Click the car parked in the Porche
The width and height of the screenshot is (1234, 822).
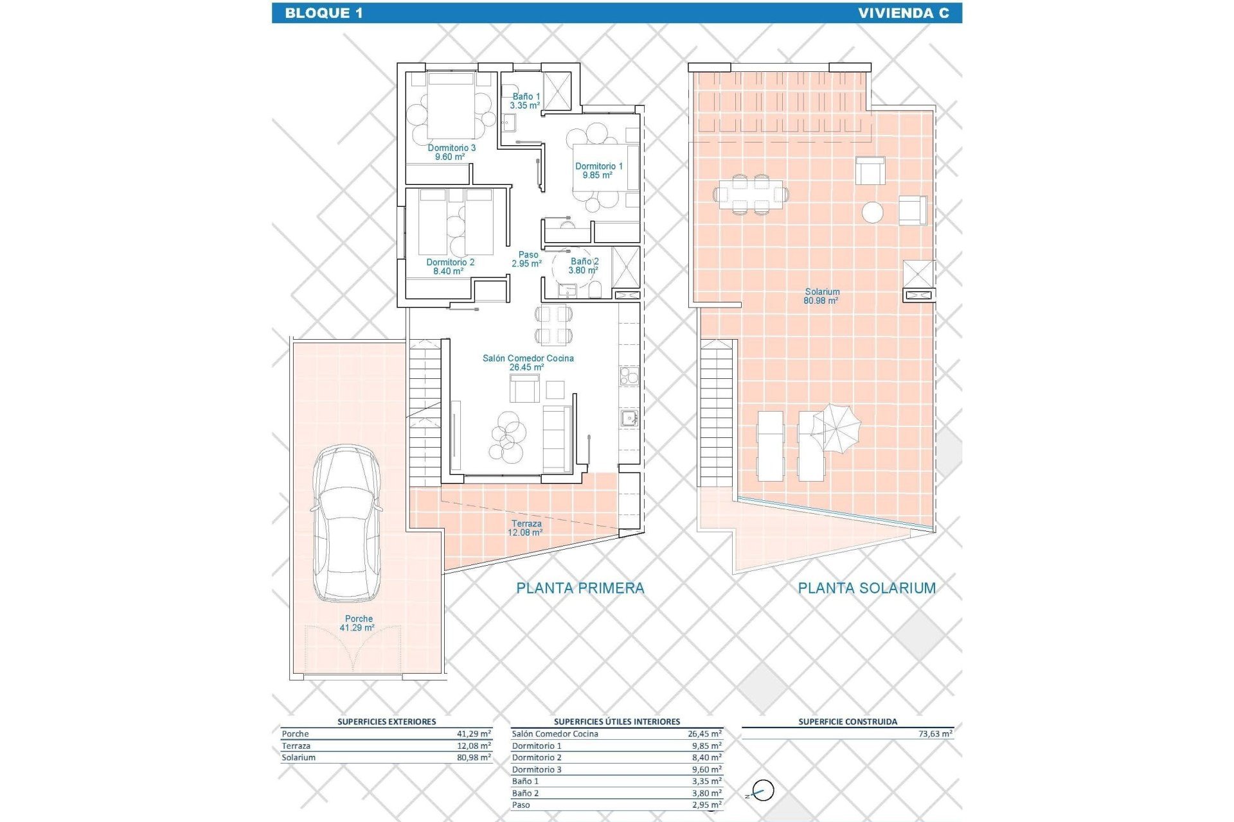click(346, 523)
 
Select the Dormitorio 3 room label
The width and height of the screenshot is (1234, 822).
click(451, 152)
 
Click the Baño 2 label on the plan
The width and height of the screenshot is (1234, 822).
click(584, 266)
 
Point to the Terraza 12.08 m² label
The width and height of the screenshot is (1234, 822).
click(526, 528)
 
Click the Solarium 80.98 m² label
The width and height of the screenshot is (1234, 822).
click(821, 296)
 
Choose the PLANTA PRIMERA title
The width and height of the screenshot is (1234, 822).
click(580, 588)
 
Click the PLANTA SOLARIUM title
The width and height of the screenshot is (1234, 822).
click(866, 588)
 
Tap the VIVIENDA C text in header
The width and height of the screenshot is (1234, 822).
click(903, 13)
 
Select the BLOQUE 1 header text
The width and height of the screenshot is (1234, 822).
click(324, 13)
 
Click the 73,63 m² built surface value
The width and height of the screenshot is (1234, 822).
click(935, 733)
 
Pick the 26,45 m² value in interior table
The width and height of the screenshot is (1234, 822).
click(704, 733)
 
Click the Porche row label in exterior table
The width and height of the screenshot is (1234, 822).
click(295, 733)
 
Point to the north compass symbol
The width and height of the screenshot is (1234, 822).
click(762, 791)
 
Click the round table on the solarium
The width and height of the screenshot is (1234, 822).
click(872, 212)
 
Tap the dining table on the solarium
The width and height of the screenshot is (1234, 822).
click(751, 193)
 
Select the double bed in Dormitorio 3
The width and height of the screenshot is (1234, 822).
click(451, 106)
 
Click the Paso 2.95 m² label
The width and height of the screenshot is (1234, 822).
click(527, 259)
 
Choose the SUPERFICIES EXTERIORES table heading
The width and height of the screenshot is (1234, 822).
click(386, 721)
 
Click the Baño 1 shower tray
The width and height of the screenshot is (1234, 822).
click(557, 91)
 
